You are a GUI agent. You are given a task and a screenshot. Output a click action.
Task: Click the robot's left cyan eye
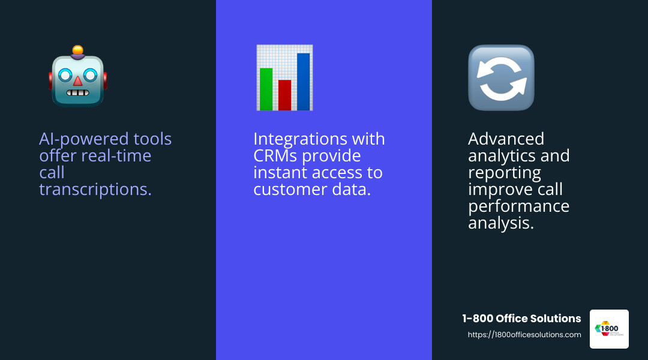[65, 76]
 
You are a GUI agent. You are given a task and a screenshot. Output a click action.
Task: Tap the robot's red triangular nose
[78, 81]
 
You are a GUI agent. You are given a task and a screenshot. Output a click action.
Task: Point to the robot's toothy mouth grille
[78, 93]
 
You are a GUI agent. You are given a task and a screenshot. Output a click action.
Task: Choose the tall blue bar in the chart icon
[304, 82]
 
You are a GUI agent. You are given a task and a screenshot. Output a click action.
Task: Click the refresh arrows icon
[501, 78]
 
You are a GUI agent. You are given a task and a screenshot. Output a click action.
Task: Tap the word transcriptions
[95, 190]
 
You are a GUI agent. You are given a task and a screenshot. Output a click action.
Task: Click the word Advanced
[506, 139]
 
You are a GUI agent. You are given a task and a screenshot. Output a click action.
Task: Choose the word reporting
[504, 173]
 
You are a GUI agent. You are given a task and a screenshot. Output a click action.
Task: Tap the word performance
[518, 206]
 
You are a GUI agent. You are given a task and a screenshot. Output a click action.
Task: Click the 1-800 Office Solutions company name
[521, 319]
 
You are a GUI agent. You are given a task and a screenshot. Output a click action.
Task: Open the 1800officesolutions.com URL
[524, 335]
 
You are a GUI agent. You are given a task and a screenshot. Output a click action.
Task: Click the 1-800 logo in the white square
[609, 329]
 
